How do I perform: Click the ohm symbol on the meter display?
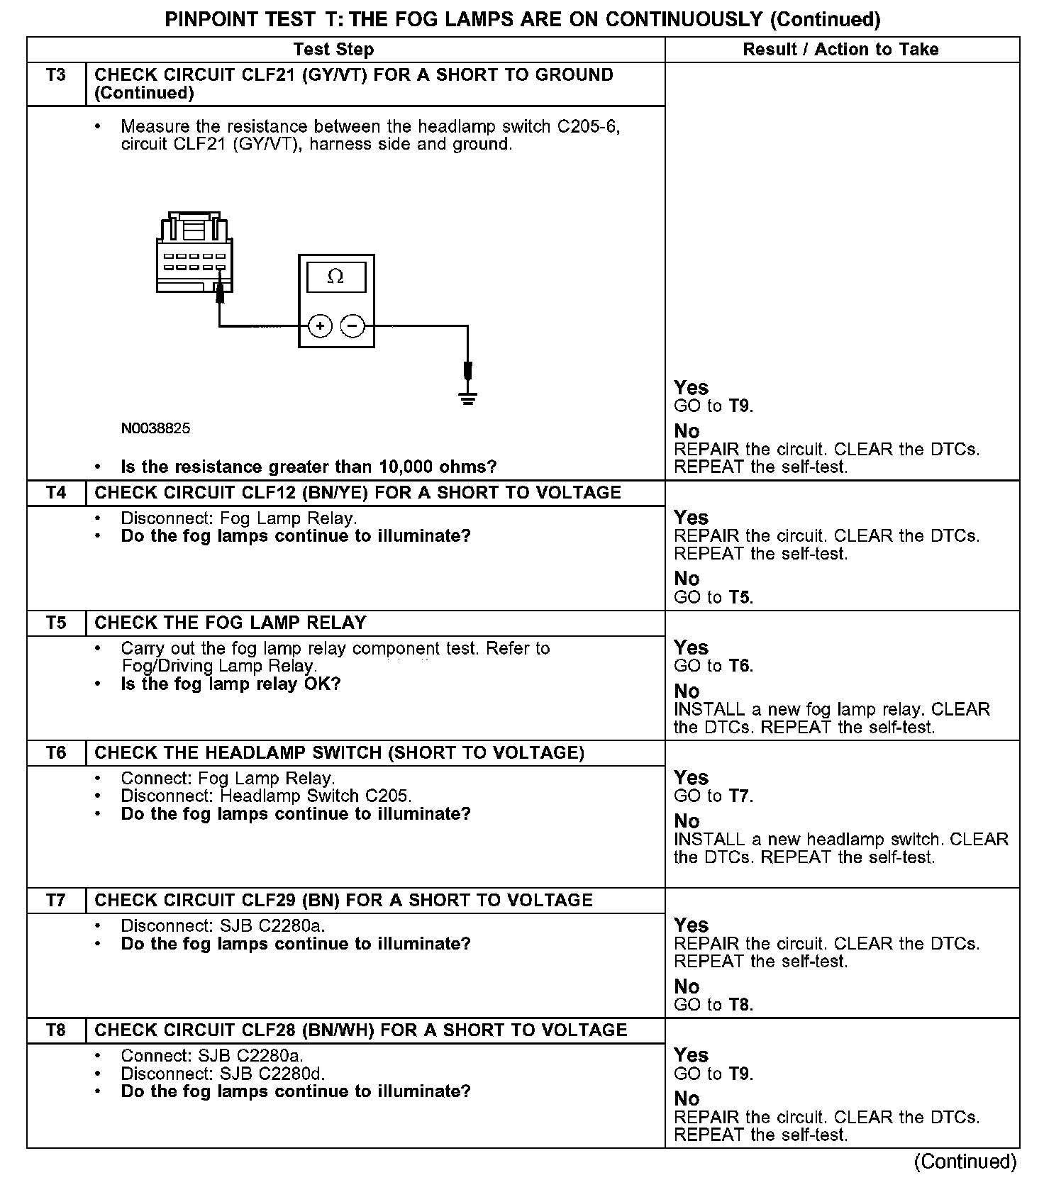coord(335,277)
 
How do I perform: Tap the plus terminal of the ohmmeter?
coord(321,326)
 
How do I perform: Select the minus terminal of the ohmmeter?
coord(352,326)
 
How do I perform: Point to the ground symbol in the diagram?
coord(467,398)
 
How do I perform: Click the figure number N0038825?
coord(155,428)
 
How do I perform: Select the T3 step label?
coord(56,75)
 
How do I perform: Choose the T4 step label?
coord(56,493)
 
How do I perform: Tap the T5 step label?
coord(56,623)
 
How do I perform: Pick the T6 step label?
coord(56,752)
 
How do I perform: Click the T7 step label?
coord(56,900)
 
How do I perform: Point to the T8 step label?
coord(56,1030)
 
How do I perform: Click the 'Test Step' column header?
coord(333,50)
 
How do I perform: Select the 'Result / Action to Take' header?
coord(840,50)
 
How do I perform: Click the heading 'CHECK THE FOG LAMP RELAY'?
coord(231,623)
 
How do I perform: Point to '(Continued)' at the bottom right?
coord(965,1162)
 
